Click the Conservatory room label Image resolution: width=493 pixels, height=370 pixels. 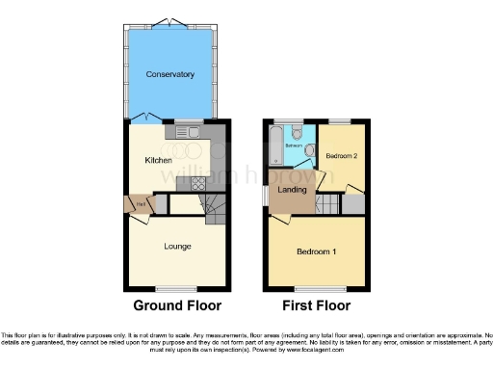[x=170, y=74]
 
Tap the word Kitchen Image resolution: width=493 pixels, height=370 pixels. [x=158, y=160]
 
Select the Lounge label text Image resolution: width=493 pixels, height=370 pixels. [x=176, y=246]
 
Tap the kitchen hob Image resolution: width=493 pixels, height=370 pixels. [x=197, y=183]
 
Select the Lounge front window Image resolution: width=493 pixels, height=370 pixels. [x=173, y=287]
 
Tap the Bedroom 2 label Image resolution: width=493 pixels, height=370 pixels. [x=341, y=156]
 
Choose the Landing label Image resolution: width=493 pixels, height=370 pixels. [x=293, y=189]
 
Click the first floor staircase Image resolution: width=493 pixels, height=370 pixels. [x=328, y=203]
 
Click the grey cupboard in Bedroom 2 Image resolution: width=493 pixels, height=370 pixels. [x=353, y=204]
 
